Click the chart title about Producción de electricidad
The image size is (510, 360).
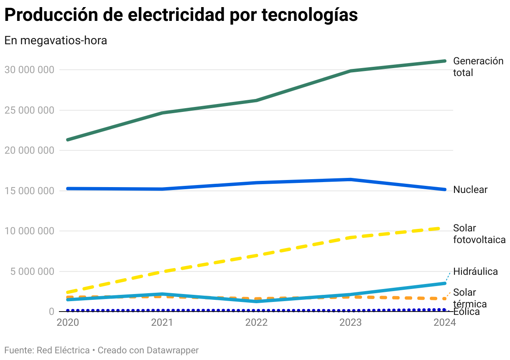click(181, 15)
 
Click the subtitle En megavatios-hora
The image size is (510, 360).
click(56, 41)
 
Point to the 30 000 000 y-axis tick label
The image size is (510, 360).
click(29, 70)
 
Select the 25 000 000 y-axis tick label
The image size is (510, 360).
click(29, 110)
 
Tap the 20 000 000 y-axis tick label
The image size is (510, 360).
click(29, 150)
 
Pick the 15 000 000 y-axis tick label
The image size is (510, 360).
click(29, 191)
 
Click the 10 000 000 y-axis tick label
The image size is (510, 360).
click(29, 231)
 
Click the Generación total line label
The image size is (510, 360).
click(478, 67)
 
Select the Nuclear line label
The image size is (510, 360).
click(470, 190)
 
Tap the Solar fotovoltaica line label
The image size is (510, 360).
click(479, 234)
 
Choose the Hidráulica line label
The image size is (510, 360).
click(475, 271)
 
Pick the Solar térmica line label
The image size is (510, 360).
click(470, 298)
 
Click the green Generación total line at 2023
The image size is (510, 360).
click(351, 71)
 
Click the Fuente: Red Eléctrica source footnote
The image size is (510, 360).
click(47, 350)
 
